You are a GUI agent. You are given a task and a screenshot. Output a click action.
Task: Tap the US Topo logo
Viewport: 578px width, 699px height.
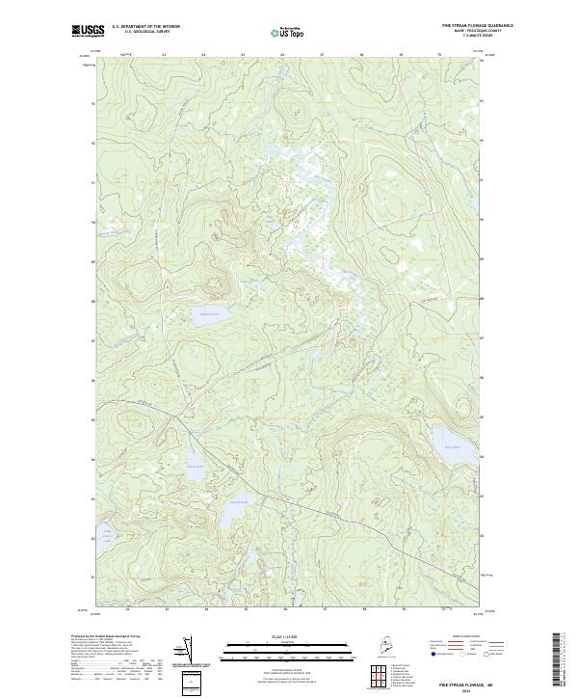pos(288,31)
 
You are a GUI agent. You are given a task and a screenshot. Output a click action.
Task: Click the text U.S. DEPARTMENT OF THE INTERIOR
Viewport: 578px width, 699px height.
pos(145,27)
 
